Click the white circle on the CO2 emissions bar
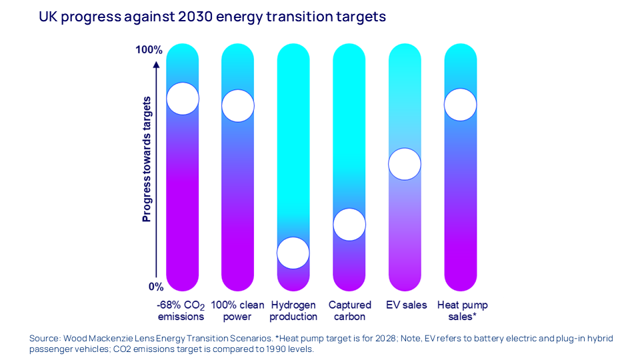(x=183, y=99)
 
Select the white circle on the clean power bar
(x=238, y=105)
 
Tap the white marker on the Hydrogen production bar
(x=293, y=253)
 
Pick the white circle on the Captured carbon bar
(x=349, y=224)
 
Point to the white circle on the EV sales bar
(x=405, y=164)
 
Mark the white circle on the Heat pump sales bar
(x=461, y=105)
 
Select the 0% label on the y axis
(x=155, y=287)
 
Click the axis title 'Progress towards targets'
(x=147, y=159)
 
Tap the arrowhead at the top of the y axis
(x=156, y=65)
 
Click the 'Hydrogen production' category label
(x=293, y=311)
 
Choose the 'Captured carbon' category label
(x=349, y=311)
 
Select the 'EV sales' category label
(x=407, y=305)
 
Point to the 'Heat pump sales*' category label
(x=462, y=311)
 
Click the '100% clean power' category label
(x=238, y=311)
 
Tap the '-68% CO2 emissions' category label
(x=181, y=311)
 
